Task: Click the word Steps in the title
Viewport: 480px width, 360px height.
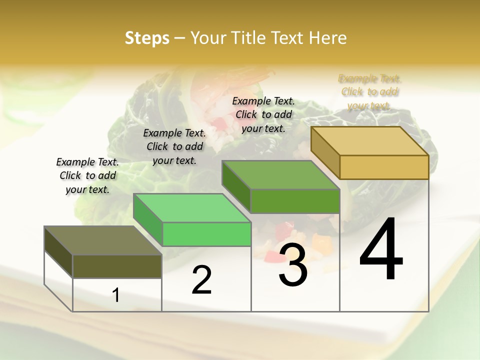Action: click(147, 38)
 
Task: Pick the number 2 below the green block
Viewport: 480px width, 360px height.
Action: click(201, 280)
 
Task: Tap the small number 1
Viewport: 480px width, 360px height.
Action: click(116, 295)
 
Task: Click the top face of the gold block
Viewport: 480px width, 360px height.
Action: click(370, 141)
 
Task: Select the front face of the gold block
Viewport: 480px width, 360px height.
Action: click(384, 167)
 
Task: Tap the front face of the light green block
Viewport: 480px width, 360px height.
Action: click(206, 234)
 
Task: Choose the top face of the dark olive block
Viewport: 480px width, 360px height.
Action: click(102, 240)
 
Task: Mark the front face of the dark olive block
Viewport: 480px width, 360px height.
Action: click(117, 266)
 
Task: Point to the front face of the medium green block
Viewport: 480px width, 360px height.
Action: click(295, 201)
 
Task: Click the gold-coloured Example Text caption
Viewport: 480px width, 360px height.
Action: click(369, 92)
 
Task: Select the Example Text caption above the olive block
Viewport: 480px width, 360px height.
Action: click(87, 175)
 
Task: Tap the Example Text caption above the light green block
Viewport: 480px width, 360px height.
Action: click(174, 146)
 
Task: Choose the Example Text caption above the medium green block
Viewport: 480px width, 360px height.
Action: click(263, 114)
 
